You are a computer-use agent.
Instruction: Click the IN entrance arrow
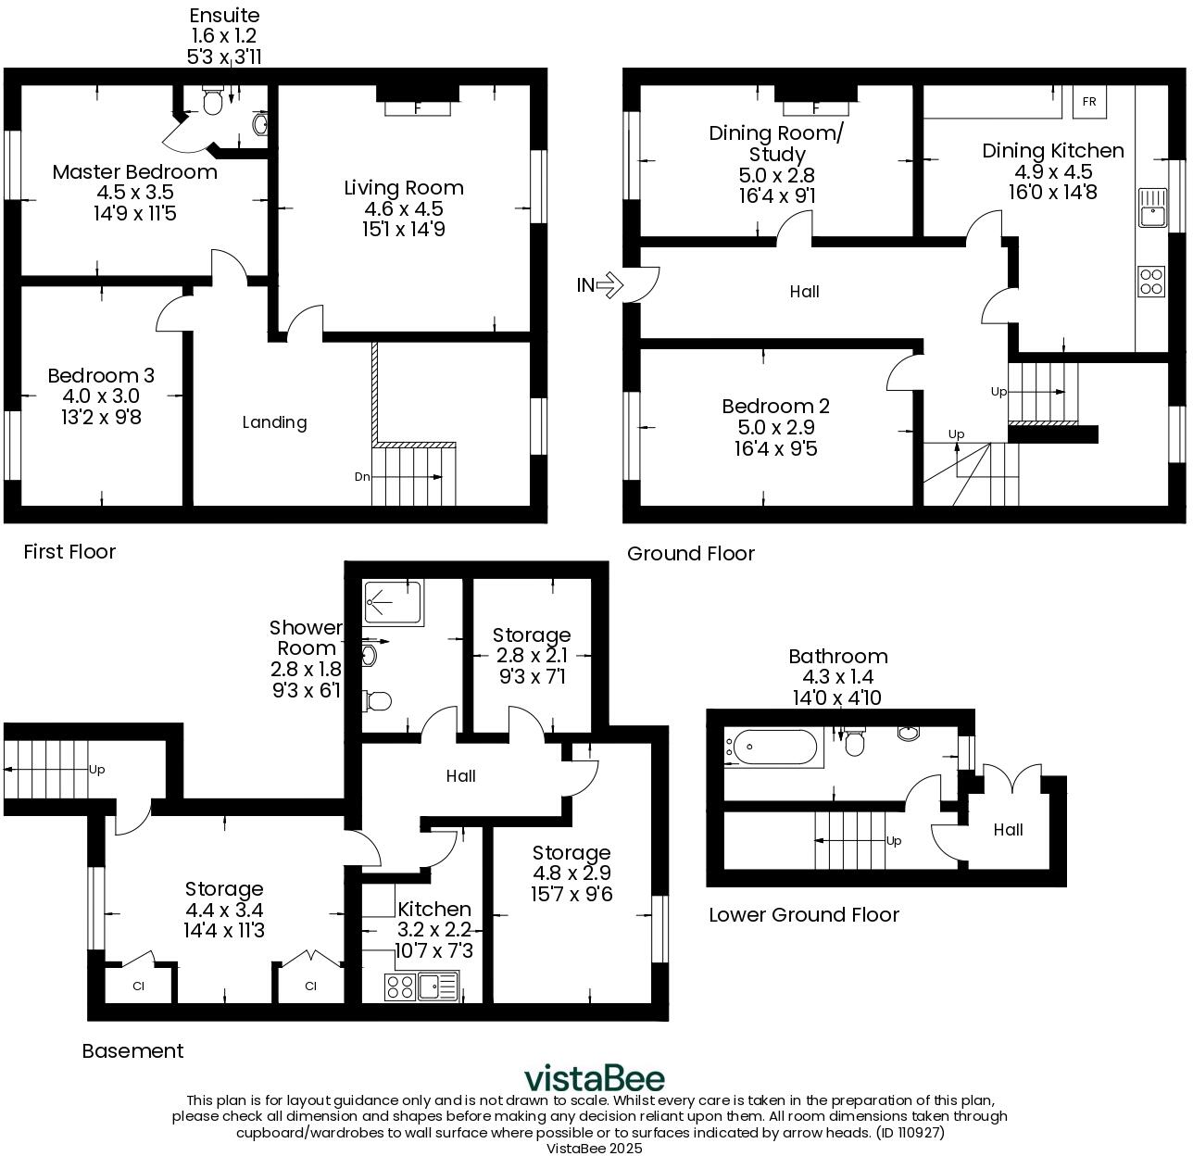[x=608, y=285]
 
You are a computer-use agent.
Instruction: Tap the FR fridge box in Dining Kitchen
[x=1089, y=102]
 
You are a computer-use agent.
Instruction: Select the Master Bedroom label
[x=135, y=172]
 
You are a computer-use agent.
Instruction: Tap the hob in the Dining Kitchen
[x=1151, y=282]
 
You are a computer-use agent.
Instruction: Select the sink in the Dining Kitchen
[x=1151, y=207]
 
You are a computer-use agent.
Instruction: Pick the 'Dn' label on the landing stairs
[x=362, y=477]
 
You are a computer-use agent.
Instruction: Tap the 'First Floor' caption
[x=69, y=552]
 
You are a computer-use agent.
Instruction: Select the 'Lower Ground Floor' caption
[x=804, y=915]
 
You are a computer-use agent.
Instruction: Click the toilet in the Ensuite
[x=213, y=103]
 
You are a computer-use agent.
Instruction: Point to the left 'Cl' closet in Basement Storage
[x=139, y=986]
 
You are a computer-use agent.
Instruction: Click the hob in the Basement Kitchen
[x=400, y=987]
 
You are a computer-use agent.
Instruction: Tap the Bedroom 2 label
[x=775, y=407]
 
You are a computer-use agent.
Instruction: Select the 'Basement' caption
[x=132, y=1051]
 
